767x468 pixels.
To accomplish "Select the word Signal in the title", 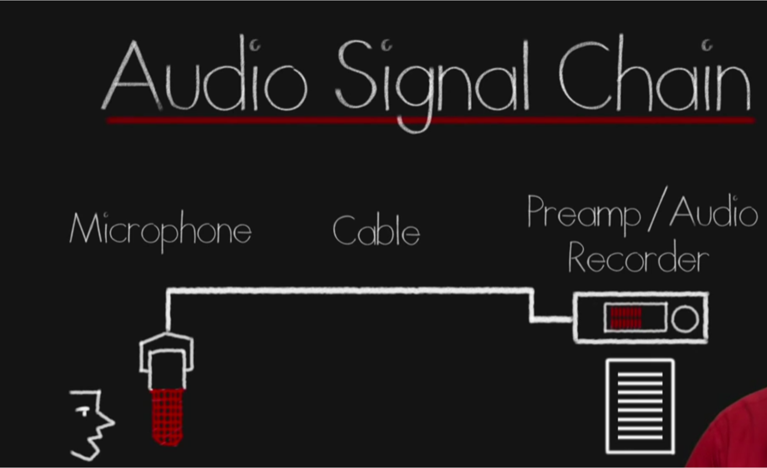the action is (x=432, y=79).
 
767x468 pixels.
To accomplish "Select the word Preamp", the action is (x=584, y=214).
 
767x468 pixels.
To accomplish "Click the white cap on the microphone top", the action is (x=167, y=349).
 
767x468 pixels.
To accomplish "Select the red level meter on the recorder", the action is (x=626, y=318).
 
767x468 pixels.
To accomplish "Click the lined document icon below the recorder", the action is (x=640, y=406).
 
